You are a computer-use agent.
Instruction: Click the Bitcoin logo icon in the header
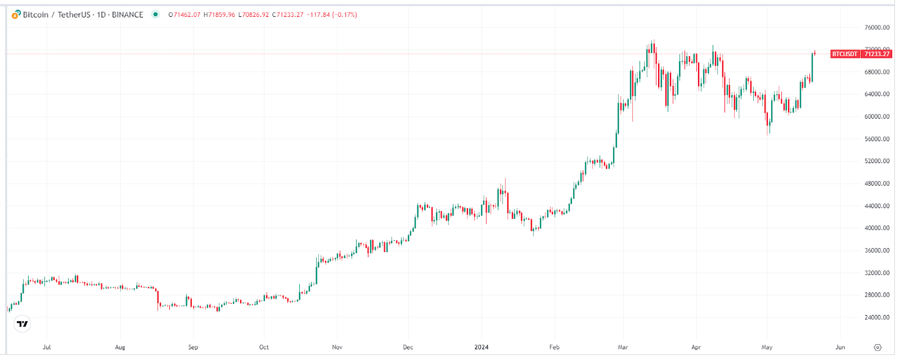[x=16, y=15]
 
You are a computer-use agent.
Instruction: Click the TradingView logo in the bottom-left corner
[x=22, y=324]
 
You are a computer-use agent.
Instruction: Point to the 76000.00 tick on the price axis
[x=877, y=28]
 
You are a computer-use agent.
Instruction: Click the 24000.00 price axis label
[x=877, y=317]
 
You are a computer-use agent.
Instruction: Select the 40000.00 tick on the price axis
[x=877, y=228]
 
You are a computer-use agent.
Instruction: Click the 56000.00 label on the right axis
[x=877, y=139]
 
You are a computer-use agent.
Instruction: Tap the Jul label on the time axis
[x=47, y=347]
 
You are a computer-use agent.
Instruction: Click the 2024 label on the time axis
[x=481, y=347]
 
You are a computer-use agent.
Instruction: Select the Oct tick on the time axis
[x=264, y=347]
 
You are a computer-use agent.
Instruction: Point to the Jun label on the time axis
[x=840, y=347]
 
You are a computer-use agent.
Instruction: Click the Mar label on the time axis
[x=623, y=347]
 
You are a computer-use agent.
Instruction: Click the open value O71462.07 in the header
[x=184, y=15]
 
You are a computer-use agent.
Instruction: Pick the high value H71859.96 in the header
[x=219, y=15]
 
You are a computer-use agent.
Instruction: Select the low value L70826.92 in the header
[x=254, y=15]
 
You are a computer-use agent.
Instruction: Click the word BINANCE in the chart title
[x=128, y=15]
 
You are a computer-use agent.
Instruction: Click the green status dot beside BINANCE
[x=156, y=15]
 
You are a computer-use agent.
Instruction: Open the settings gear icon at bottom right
[x=877, y=347]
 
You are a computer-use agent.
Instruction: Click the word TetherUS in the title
[x=74, y=15]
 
